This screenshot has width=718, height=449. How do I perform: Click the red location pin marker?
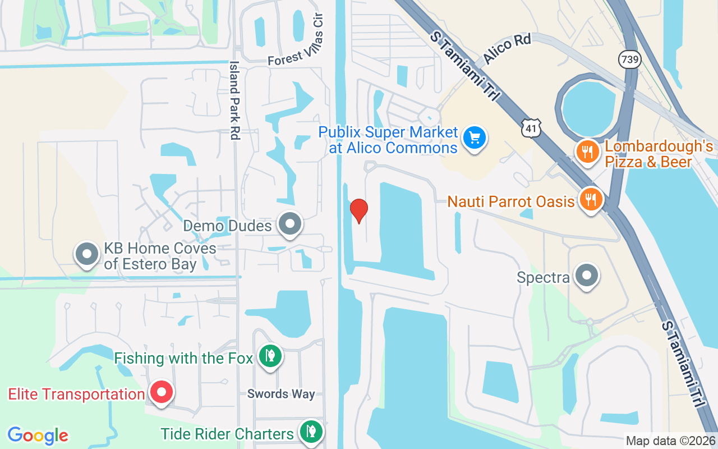[x=358, y=210]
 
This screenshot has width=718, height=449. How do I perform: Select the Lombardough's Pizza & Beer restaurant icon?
[x=587, y=152]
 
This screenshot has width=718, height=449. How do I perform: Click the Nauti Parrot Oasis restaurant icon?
[x=590, y=199]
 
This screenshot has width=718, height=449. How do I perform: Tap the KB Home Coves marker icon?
[x=87, y=254]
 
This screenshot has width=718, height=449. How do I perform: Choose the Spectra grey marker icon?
[x=587, y=276]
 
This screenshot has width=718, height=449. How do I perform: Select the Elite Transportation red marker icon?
[x=162, y=392]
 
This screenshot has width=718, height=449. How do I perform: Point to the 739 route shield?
[x=630, y=59]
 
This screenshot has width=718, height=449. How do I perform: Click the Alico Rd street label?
[x=507, y=49]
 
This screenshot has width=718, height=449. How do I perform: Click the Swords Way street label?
[x=281, y=394]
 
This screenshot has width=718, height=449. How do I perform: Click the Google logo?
[x=38, y=436]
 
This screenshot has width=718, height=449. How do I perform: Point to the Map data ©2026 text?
[x=671, y=441]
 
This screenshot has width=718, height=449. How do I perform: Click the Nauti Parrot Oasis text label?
[x=511, y=201]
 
